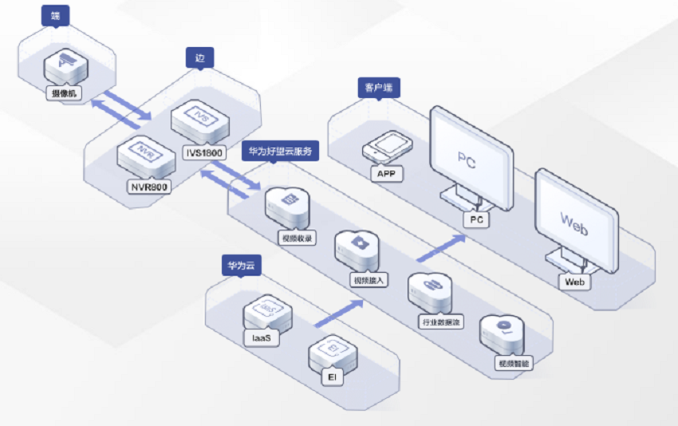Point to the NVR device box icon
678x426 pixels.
click(x=147, y=156)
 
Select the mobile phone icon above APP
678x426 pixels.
click(x=391, y=146)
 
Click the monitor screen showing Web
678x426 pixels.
click(x=575, y=220)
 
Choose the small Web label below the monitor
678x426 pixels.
click(x=574, y=282)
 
